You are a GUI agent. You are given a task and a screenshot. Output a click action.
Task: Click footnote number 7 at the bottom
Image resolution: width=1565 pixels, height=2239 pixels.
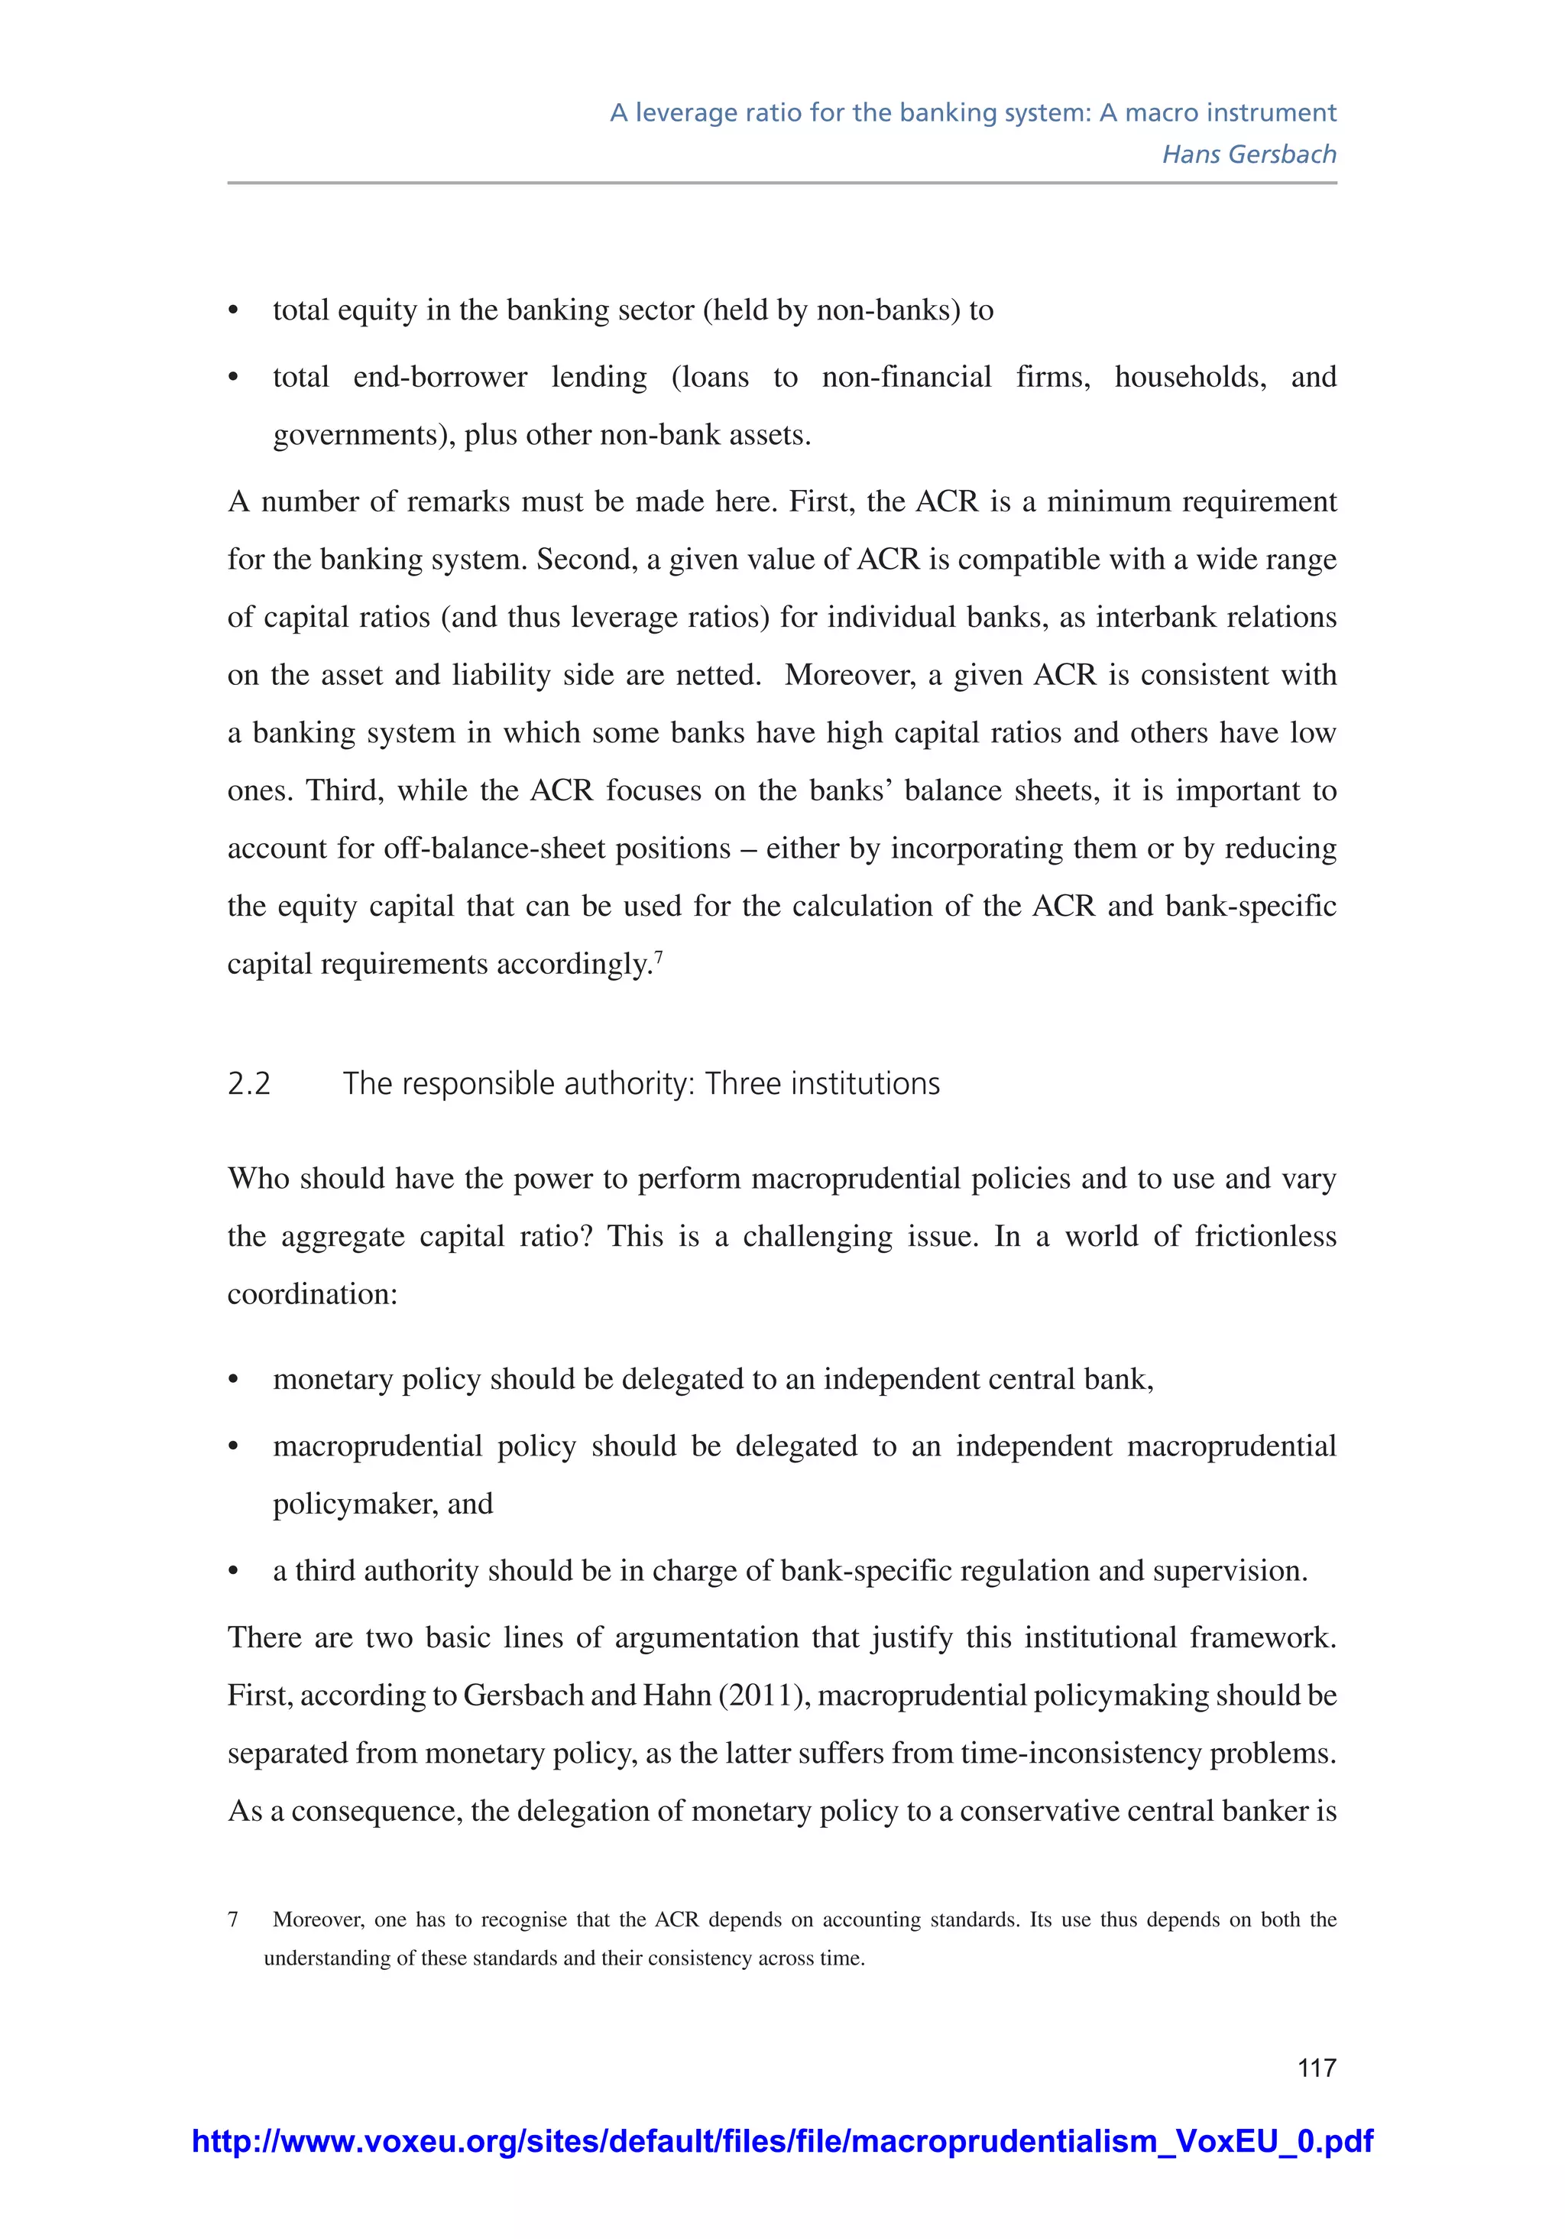233,1919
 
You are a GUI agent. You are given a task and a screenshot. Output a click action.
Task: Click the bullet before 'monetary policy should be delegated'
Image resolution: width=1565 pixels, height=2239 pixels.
233,1380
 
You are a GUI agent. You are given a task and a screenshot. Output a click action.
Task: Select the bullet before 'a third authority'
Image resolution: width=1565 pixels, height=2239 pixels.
233,1571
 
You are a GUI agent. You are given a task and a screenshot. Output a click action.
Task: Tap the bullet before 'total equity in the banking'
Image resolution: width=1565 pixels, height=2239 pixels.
233,311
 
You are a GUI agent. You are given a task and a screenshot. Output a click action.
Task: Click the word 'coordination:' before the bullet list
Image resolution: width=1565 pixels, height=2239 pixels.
312,1294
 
